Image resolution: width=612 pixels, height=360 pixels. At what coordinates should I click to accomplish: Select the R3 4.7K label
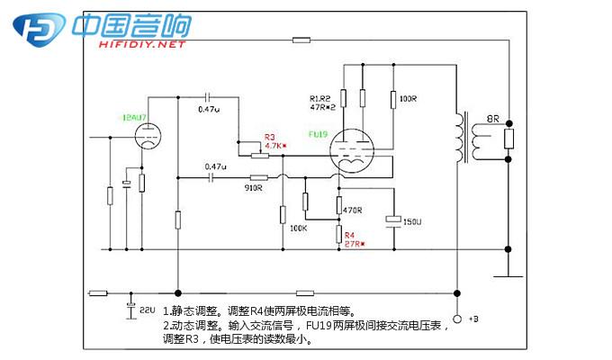pos(275,141)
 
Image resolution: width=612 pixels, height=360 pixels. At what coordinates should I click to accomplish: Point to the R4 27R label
pos(351,238)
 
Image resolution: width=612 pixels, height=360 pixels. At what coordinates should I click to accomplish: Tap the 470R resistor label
pos(353,210)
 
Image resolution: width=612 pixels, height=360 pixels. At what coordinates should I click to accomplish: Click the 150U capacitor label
pos(413,221)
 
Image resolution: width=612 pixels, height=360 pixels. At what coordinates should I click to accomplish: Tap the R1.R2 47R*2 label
pos(321,102)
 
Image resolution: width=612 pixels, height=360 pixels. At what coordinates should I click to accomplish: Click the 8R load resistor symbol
pos(509,139)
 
